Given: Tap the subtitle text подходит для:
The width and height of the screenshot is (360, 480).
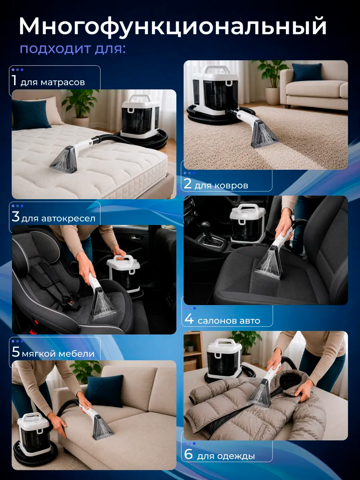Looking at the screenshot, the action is (73, 50).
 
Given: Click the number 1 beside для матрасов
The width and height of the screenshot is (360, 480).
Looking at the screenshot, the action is (14, 80).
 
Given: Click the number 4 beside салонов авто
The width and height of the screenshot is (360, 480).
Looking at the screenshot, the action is (189, 319).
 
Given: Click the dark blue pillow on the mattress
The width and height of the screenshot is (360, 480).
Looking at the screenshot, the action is (31, 114).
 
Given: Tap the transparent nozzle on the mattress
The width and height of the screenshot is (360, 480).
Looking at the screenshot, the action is (63, 158).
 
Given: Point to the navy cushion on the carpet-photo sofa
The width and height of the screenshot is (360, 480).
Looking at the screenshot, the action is (307, 72).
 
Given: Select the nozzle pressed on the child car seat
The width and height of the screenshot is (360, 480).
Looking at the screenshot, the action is (103, 302).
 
